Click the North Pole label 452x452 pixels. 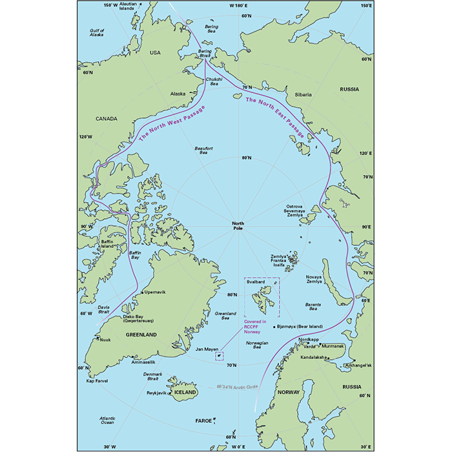[240, 227]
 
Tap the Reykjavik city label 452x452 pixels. [154, 393]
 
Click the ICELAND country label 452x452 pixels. [185, 392]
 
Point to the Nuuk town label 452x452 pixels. [107, 338]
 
